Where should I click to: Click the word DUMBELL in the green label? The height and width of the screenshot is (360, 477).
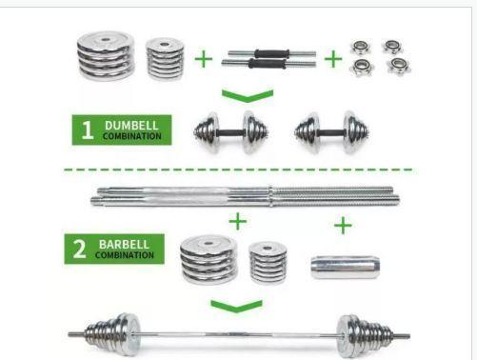[x=131, y=126]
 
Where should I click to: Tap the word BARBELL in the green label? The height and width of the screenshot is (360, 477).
[x=124, y=245]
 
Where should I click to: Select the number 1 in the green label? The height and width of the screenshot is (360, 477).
[x=88, y=130]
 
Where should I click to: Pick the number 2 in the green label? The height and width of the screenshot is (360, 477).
[x=79, y=249]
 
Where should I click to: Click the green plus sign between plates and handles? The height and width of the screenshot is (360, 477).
[x=203, y=59]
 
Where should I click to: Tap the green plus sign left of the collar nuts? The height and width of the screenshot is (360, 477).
[x=333, y=59]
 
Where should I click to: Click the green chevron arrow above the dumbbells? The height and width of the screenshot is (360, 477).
[x=248, y=96]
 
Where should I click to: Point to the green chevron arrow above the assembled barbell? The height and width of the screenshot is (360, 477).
[x=236, y=306]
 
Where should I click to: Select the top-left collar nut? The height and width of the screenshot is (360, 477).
[x=361, y=48]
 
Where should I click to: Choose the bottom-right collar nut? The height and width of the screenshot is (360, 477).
[x=399, y=66]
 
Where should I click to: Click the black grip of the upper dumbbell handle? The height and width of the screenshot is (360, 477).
[x=271, y=53]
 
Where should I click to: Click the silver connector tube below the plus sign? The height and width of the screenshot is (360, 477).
[x=345, y=267]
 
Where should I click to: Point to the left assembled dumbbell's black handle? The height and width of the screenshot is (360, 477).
[x=230, y=132]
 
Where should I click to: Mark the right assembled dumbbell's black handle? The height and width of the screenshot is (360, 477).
[x=331, y=132]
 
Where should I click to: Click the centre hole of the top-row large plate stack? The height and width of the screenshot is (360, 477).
[x=106, y=40]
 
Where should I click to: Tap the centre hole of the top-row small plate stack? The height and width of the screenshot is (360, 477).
[x=164, y=44]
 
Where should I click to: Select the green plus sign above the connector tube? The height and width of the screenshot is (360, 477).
[x=343, y=226]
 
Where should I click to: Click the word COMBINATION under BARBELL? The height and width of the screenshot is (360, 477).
[x=125, y=255]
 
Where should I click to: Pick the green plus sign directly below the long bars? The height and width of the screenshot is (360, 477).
[x=237, y=221]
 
